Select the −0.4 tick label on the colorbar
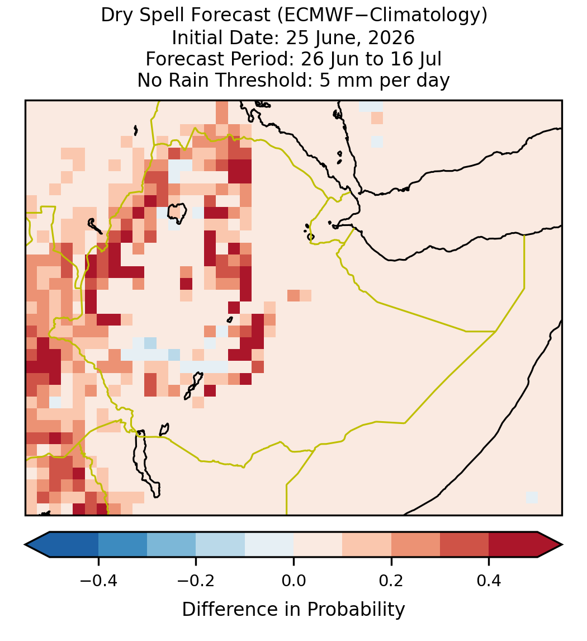(x=98, y=580)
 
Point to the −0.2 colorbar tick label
(x=196, y=580)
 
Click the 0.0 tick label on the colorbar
(x=293, y=580)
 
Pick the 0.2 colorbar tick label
(x=391, y=580)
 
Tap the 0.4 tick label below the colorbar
(x=489, y=580)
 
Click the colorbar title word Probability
(x=356, y=610)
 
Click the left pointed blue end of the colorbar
(x=37, y=545)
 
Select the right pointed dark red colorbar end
(x=550, y=545)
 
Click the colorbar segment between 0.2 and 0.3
(x=415, y=545)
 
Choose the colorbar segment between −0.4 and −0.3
(x=122, y=545)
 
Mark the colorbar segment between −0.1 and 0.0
(x=269, y=545)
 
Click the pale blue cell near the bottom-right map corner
(x=532, y=497)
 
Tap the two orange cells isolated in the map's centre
(x=300, y=295)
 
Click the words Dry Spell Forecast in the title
(x=186, y=16)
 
